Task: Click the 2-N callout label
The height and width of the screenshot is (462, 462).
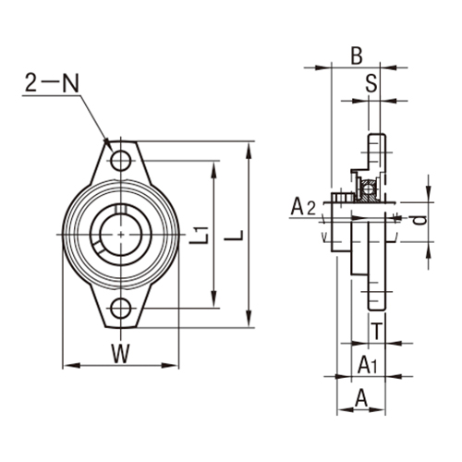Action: tap(53, 84)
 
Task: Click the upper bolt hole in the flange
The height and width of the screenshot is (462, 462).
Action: tap(120, 162)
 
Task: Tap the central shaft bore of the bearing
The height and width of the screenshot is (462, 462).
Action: tap(120, 235)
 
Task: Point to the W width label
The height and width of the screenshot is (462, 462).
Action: tap(120, 351)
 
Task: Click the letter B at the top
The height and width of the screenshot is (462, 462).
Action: tap(356, 55)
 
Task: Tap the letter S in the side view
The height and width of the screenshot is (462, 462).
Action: tap(371, 83)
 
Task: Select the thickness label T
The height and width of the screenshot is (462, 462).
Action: tap(376, 330)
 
